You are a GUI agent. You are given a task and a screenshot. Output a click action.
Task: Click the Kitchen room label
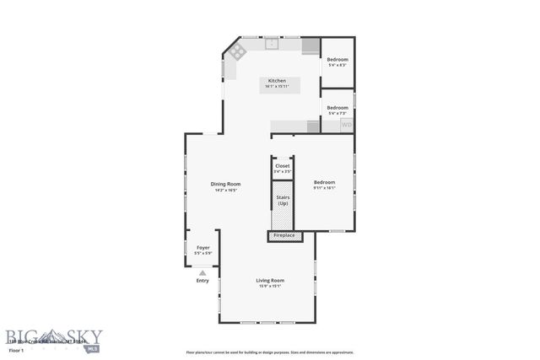[278, 81]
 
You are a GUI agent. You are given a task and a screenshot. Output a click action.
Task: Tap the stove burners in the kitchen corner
[237, 51]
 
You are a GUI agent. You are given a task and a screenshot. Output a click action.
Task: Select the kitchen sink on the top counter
[273, 41]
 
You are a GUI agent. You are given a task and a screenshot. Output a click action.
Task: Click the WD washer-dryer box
[346, 125]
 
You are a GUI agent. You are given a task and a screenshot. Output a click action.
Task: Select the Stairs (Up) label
[282, 201]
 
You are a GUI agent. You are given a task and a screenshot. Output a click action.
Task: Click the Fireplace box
[283, 235]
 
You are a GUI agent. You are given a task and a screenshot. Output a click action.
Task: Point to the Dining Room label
[226, 184]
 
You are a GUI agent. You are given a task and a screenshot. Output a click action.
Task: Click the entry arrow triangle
[202, 273]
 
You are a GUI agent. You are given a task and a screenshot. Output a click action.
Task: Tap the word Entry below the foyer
[202, 281]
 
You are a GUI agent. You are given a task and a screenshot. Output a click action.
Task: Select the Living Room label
[270, 280]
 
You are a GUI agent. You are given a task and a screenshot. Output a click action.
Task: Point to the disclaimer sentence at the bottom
[270, 352]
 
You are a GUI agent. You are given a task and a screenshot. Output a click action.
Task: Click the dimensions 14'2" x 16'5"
[226, 190]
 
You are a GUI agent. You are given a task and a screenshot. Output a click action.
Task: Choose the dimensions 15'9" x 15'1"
[270, 286]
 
